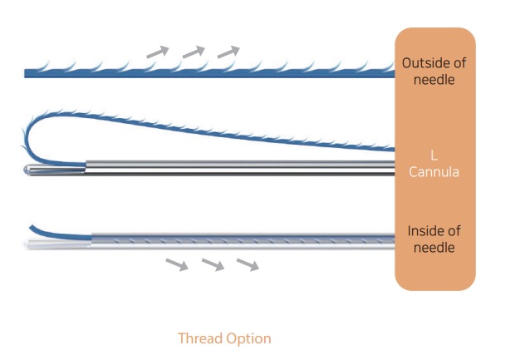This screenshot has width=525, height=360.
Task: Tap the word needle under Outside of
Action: coord(434,80)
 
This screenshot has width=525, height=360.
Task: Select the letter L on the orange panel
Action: coord(434,155)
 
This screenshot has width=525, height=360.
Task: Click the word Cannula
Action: coord(434,172)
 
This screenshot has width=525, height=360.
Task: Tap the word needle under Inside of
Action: coord(434,248)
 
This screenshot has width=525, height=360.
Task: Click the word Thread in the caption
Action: coord(201,338)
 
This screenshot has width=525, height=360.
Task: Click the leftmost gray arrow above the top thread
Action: coord(158,52)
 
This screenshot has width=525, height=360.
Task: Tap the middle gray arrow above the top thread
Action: coord(193,52)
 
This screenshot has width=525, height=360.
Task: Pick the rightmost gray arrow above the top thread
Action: coord(228,52)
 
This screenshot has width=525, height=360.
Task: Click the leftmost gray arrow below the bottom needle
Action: coord(176,264)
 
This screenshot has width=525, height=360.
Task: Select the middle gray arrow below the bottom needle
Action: coord(212,264)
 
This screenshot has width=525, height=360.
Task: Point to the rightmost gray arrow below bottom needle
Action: coord(248,264)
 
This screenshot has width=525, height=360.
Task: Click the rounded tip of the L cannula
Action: coord(29,170)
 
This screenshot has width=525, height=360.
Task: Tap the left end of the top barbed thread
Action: coord(27,74)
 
